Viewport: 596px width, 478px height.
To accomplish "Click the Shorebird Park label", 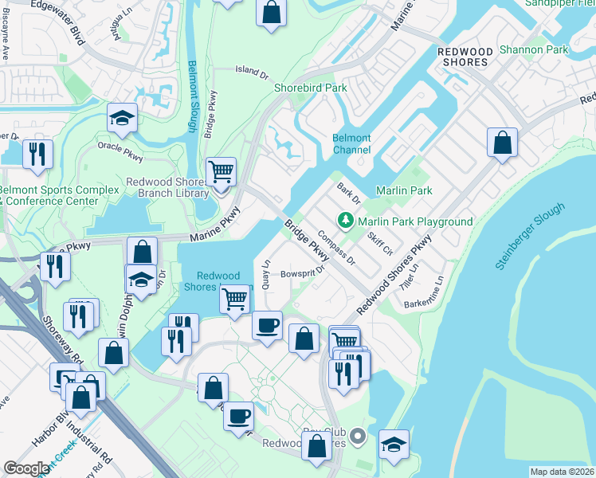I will [311, 88].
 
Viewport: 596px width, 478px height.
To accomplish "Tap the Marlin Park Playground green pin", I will [345, 218].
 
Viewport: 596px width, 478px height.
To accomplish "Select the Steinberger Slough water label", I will [530, 237].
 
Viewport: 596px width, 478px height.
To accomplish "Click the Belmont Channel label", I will [351, 144].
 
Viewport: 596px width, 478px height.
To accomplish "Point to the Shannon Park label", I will [534, 49].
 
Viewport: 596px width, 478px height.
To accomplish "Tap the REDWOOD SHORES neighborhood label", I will [463, 57].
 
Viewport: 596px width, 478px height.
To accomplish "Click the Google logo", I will [26, 468].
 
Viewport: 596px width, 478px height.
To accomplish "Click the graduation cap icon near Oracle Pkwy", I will [122, 119].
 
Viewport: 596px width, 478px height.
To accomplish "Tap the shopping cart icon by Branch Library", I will [221, 170].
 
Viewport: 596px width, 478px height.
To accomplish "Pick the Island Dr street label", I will [253, 71].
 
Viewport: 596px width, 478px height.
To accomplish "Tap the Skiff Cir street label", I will [381, 239].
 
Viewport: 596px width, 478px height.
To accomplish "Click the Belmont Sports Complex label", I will [48, 195].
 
